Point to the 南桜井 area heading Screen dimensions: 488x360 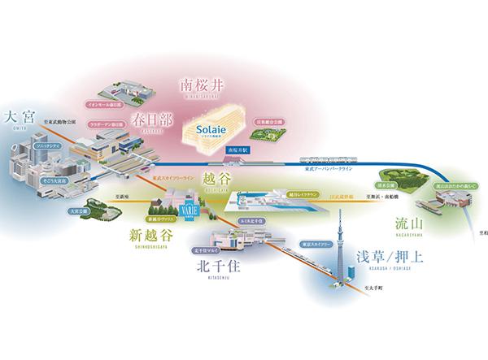pyautogui.click(x=205, y=83)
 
